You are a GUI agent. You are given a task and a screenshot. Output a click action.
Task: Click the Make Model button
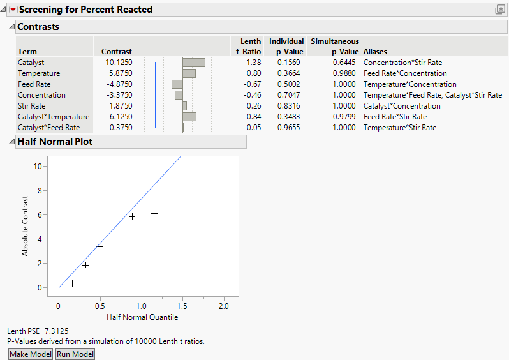(x=31, y=354)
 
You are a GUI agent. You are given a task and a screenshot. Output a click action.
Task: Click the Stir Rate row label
(x=31, y=106)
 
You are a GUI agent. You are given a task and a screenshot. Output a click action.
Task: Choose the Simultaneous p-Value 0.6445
(x=346, y=63)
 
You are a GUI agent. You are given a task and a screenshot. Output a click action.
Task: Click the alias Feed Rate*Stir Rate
(x=395, y=117)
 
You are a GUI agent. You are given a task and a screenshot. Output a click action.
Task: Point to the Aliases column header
(x=375, y=52)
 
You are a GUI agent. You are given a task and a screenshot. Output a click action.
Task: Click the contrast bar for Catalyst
(x=194, y=63)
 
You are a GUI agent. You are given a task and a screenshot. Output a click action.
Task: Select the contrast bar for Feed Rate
(x=177, y=84)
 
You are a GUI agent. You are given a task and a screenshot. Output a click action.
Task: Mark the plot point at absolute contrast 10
(x=186, y=165)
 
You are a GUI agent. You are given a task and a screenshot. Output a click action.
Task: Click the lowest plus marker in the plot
(x=72, y=283)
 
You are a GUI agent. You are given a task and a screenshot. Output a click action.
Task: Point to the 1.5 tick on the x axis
(x=182, y=307)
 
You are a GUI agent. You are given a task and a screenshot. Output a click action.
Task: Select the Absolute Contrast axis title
(x=26, y=226)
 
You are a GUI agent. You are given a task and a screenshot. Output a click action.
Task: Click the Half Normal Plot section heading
(x=55, y=142)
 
